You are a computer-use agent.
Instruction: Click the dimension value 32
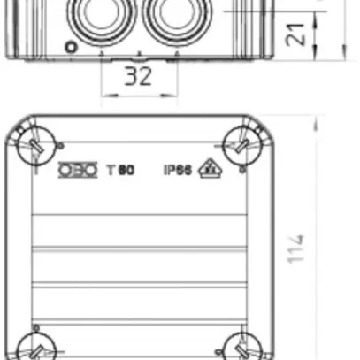pos(137,76)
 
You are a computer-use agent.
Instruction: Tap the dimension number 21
pos(300,34)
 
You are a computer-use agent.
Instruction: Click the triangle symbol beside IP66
pos(210,167)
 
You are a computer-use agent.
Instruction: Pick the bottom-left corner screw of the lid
pos(35,347)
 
